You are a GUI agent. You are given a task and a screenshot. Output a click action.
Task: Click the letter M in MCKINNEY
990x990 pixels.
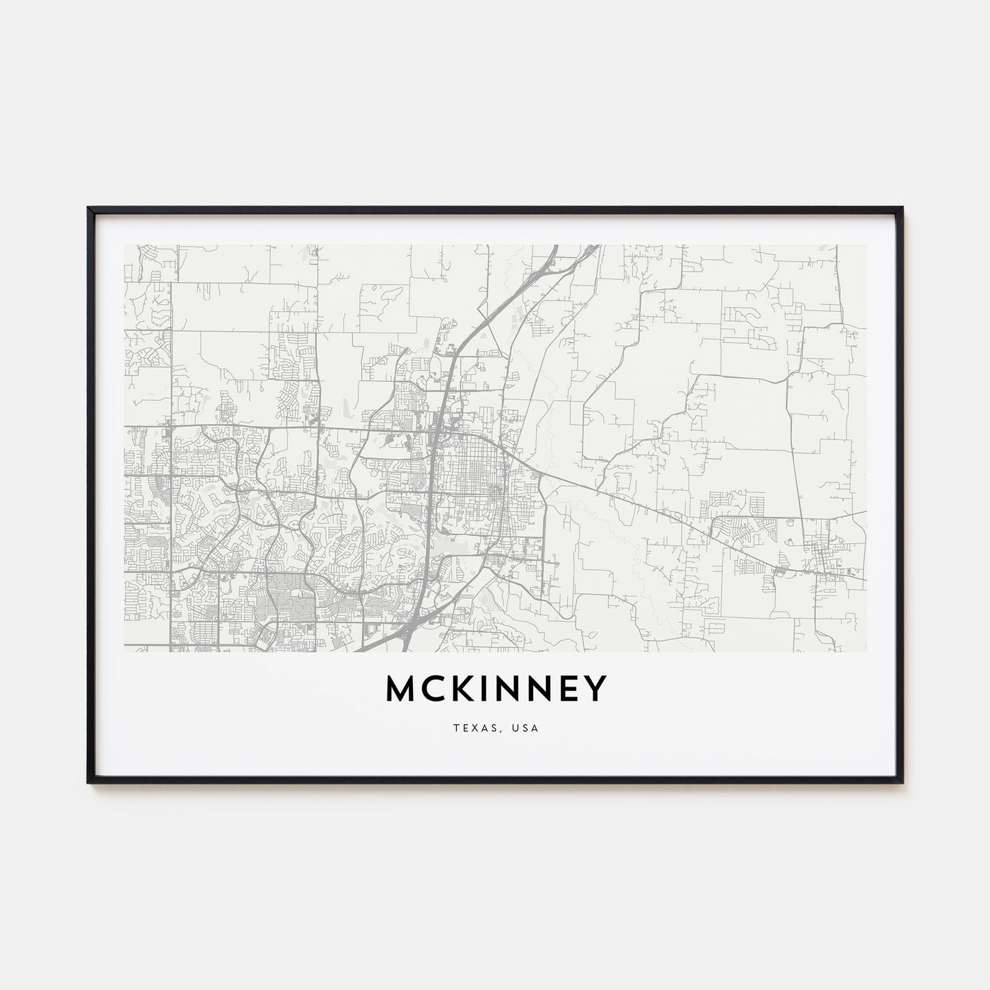point(402,689)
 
